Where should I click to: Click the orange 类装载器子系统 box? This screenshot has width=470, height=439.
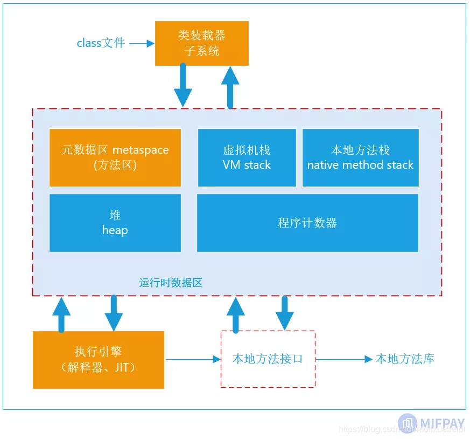201,43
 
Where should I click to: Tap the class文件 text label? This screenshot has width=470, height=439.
101,43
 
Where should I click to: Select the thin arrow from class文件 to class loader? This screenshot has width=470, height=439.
142,44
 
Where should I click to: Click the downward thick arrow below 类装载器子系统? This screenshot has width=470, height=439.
183,85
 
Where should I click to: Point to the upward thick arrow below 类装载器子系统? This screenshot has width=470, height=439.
230,87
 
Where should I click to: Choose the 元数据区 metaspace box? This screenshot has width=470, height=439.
115,157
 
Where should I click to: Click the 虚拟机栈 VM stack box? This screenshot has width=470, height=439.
247,157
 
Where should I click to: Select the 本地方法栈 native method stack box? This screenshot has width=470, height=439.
360,157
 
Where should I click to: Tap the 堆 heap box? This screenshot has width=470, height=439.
115,223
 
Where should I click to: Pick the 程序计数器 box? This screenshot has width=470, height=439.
307,223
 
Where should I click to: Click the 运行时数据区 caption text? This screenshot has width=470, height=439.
171,283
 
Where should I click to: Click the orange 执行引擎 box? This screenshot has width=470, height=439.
99,360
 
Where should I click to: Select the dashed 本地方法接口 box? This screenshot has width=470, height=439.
268,359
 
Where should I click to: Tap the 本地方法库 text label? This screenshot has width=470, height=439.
405,359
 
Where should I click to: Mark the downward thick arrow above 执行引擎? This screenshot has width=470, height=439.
114,313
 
